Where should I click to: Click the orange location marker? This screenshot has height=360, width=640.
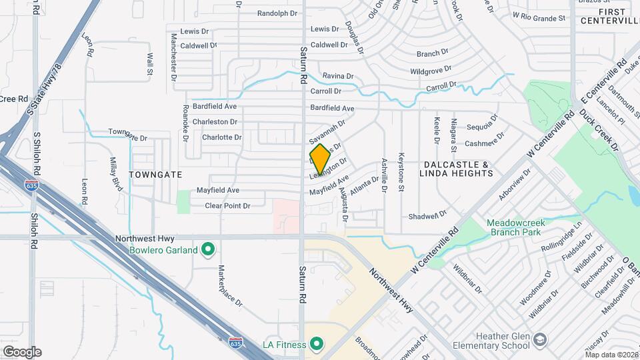(x=319, y=159)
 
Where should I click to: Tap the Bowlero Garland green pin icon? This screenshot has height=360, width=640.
(x=208, y=250)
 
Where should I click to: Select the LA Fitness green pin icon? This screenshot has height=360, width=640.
(x=316, y=344)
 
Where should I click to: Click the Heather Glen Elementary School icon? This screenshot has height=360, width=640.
(x=540, y=339)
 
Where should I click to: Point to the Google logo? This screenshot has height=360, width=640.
(x=22, y=351)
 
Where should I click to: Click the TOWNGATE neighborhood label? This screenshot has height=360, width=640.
(x=155, y=174)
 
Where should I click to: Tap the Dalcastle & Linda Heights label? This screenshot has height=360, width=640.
(x=456, y=169)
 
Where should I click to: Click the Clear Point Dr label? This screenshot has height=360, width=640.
(x=227, y=206)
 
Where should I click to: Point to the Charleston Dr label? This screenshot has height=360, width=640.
(x=215, y=122)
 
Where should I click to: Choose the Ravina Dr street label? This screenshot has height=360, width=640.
(x=338, y=77)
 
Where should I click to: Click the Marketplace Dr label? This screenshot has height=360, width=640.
(x=231, y=285)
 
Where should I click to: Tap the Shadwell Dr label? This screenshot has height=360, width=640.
(x=427, y=216)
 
